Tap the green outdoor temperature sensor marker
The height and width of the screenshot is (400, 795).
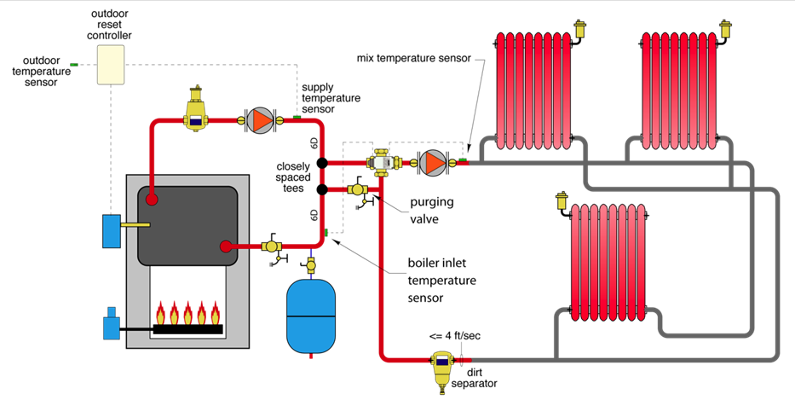pos(74,65)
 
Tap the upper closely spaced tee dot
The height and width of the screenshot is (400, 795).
pos(323,162)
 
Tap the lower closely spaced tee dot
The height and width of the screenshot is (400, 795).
pos(323,188)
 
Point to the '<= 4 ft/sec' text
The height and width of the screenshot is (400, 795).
pos(454,336)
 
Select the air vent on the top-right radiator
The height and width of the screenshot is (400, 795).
pos(727,31)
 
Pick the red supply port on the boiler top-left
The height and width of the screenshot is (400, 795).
pos(151,200)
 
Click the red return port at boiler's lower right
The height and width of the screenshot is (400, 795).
pos(226,246)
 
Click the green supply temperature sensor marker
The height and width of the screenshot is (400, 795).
pos(297,117)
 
